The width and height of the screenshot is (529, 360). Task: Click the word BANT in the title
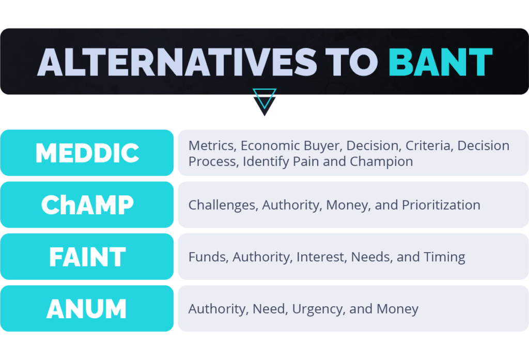[440, 62]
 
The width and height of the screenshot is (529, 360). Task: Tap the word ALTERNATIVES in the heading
[177, 62]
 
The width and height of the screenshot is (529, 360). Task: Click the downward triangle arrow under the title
[264, 102]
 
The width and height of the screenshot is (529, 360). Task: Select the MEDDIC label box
[87, 153]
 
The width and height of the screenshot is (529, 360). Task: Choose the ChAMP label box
[87, 205]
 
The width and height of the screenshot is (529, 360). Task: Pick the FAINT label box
[87, 257]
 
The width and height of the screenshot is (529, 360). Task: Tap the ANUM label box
[87, 309]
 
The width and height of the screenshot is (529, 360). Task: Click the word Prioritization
[441, 205]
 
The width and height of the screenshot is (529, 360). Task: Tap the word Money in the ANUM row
[397, 309]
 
